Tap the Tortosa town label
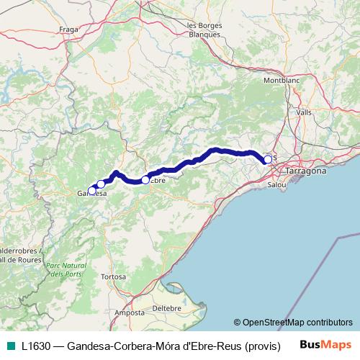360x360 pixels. [114, 276]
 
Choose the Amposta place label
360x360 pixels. [130, 313]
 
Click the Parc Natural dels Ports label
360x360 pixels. [66, 270]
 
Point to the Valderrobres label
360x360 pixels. [20, 251]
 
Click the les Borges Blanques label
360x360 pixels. [205, 30]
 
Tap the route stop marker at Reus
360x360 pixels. [268, 159]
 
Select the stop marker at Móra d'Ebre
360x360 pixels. [145, 180]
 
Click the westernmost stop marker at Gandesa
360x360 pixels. [91, 191]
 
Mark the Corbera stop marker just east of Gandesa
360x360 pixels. [101, 184]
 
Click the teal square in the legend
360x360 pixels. [10, 346]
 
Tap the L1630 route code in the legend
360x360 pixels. [37, 346]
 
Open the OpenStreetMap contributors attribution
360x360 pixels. [297, 323]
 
